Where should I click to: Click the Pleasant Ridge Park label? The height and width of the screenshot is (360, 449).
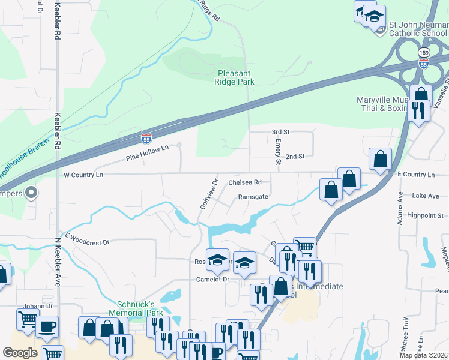click(x=235, y=77)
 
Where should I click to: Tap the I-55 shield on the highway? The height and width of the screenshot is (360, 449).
click(x=146, y=138)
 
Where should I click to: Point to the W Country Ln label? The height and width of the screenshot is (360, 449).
click(x=83, y=175)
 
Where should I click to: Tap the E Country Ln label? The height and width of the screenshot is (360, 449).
click(x=415, y=175)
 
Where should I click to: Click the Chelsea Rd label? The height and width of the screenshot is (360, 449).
click(x=245, y=182)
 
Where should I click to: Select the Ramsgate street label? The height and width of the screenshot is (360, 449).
click(x=252, y=196)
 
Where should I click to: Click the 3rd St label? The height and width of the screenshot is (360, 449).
click(x=280, y=131)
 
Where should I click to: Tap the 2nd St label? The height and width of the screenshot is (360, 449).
click(x=295, y=157)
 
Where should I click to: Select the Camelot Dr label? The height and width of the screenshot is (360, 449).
click(x=213, y=280)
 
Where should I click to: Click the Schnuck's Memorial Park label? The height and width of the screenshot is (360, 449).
click(x=136, y=309)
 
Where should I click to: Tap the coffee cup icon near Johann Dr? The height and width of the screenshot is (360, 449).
click(x=47, y=327)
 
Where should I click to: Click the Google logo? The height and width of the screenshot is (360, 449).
click(x=20, y=353)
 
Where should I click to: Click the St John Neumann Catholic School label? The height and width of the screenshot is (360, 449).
click(x=418, y=29)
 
